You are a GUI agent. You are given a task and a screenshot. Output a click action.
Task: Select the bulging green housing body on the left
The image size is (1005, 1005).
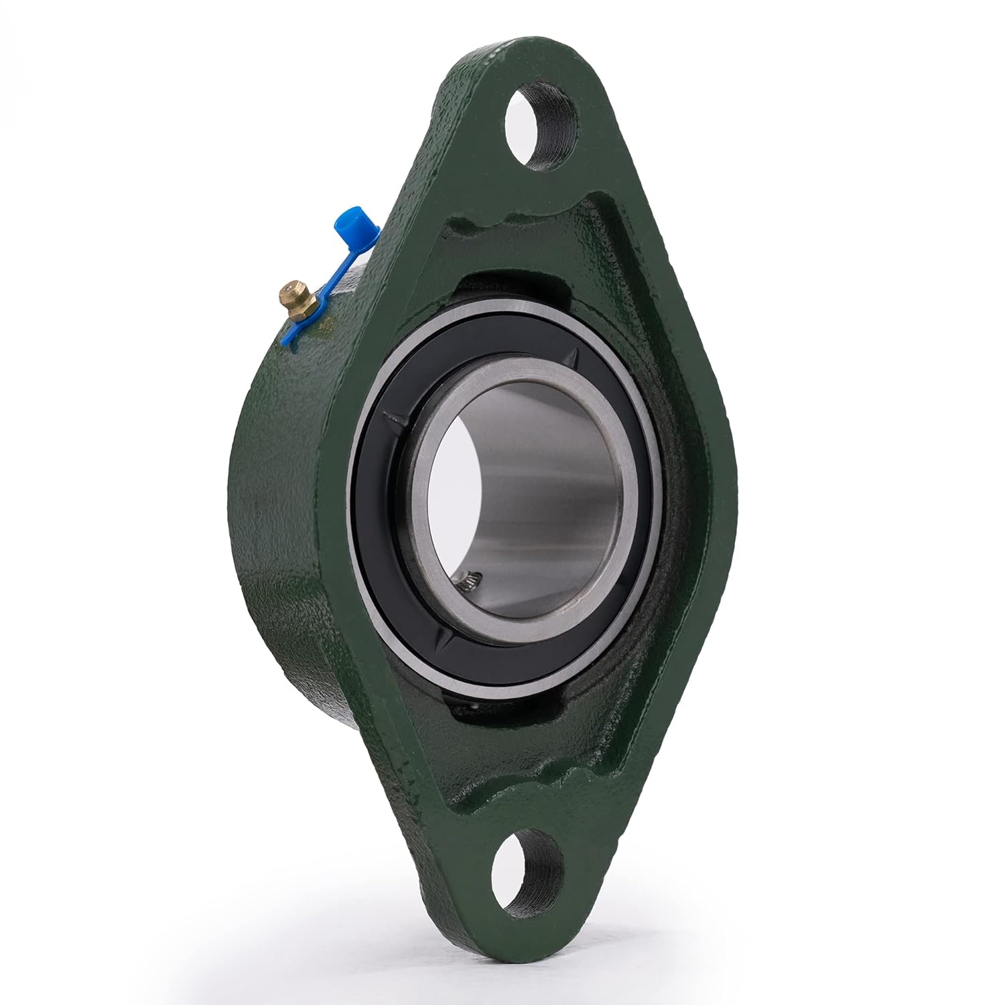(281, 536)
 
